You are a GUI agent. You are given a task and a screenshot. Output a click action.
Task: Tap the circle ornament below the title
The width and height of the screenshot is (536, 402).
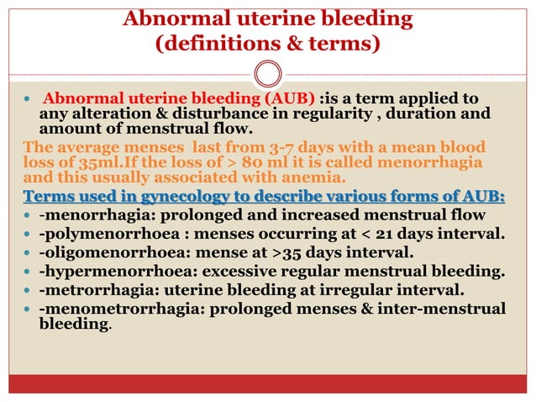point(268,74)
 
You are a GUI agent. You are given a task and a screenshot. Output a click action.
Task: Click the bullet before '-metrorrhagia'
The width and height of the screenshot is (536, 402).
point(28,290)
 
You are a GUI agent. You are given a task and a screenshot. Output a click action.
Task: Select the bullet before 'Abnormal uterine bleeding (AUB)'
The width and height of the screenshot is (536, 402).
point(28,99)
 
